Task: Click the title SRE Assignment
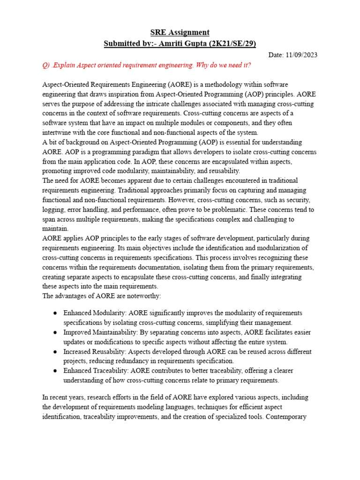coord(180,32)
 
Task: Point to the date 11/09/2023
coord(301,55)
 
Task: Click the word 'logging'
coord(53,210)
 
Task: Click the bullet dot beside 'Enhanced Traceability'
coord(55,371)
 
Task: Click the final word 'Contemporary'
coord(286,416)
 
